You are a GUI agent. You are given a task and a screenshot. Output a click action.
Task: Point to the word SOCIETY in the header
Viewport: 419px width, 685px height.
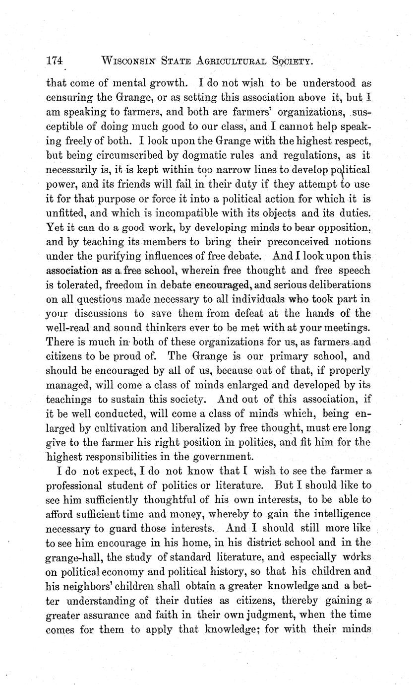tap(291, 61)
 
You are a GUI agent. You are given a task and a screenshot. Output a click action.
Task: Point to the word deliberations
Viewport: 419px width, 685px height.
tap(337, 285)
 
